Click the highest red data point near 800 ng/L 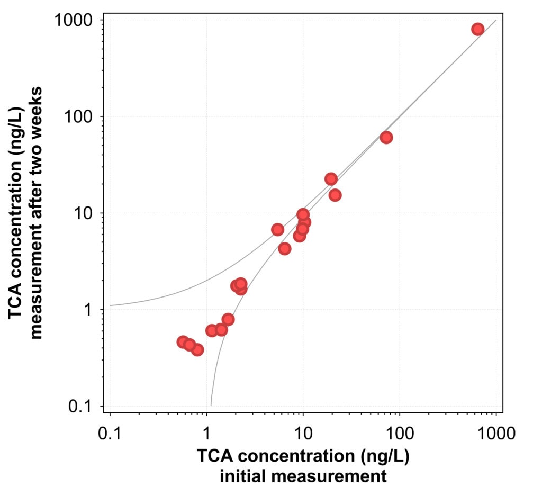click(x=477, y=29)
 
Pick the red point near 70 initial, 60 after click(x=386, y=138)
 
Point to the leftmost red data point click(x=183, y=342)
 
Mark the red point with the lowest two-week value click(x=197, y=349)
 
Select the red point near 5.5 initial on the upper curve click(x=277, y=229)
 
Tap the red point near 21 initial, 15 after click(x=335, y=195)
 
